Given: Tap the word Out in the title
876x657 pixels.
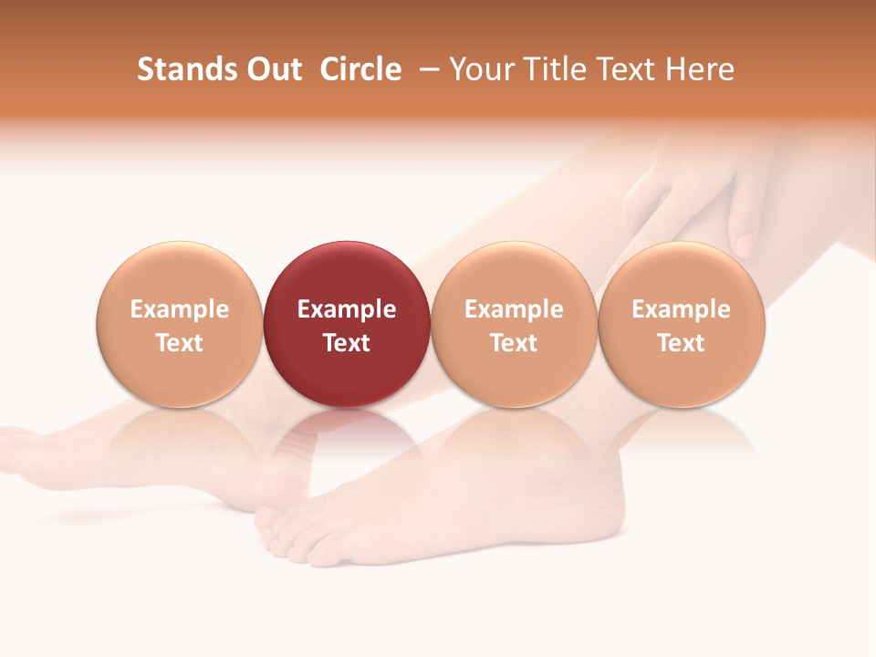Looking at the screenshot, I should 272,69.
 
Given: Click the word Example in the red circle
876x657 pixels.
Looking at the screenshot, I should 347,309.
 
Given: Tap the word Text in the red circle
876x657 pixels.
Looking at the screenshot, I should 347,343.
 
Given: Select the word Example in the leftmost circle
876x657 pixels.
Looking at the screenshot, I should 179,309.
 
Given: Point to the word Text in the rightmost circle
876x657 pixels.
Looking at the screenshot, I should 682,343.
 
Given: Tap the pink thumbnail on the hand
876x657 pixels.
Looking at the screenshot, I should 744,245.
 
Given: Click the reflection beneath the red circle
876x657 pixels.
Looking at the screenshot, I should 347,438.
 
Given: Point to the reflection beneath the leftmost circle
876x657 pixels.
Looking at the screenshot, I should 179,438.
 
